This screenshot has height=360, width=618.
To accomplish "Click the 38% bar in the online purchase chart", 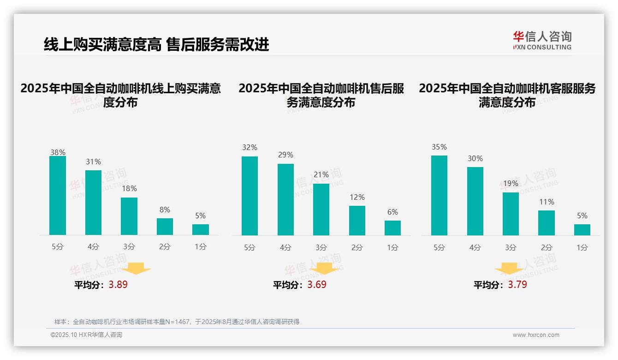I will pyautogui.click(x=58, y=196).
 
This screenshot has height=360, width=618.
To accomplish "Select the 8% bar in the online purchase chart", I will pyautogui.click(x=165, y=227).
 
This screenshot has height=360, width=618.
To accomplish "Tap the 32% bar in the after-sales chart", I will pyautogui.click(x=250, y=196).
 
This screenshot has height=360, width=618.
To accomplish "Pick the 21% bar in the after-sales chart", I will pyautogui.click(x=321, y=210).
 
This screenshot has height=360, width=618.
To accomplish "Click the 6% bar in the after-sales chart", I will pyautogui.click(x=392, y=228).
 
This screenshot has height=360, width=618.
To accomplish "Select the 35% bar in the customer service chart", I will pyautogui.click(x=439, y=196).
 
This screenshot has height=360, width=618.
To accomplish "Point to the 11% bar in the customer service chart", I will pyautogui.click(x=547, y=223).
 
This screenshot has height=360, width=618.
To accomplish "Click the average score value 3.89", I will pyautogui.click(x=118, y=285).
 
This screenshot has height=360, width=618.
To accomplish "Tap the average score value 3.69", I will pyautogui.click(x=317, y=285).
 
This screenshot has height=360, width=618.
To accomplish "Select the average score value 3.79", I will pyautogui.click(x=517, y=285).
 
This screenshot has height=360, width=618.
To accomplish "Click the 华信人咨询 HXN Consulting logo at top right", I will pyautogui.click(x=542, y=40).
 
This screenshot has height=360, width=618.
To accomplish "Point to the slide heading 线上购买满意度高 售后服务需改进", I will pyautogui.click(x=156, y=45).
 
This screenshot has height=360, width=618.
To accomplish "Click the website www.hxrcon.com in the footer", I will pyautogui.click(x=536, y=335).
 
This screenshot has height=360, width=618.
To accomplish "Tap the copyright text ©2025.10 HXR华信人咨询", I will pyautogui.click(x=86, y=335).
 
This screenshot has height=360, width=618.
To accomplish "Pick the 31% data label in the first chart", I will pyautogui.click(x=93, y=162).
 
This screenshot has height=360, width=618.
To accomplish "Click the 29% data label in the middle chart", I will pyautogui.click(x=285, y=155).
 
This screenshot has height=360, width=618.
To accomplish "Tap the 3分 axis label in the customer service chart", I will pyautogui.click(x=511, y=248).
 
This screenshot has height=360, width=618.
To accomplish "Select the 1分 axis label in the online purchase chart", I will pyautogui.click(x=200, y=247).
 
